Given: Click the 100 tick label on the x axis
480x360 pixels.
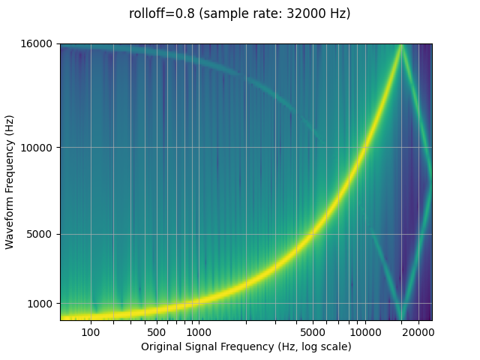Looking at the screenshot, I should coord(91,331).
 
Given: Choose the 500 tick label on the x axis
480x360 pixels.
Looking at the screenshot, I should coord(157,331).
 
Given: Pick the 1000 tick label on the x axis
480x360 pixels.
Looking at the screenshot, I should coord(198,331).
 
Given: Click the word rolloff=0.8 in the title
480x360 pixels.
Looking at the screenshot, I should coord(160,13).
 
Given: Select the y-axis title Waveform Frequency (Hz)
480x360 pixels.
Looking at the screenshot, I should coord(10,182).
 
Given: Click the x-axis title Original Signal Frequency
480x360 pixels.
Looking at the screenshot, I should coord(208,346).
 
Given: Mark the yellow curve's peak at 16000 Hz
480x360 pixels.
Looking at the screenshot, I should coord(401,46).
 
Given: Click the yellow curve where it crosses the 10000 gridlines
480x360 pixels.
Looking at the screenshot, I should coord(365,147).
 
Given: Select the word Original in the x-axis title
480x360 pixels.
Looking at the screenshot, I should coord(162,346).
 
